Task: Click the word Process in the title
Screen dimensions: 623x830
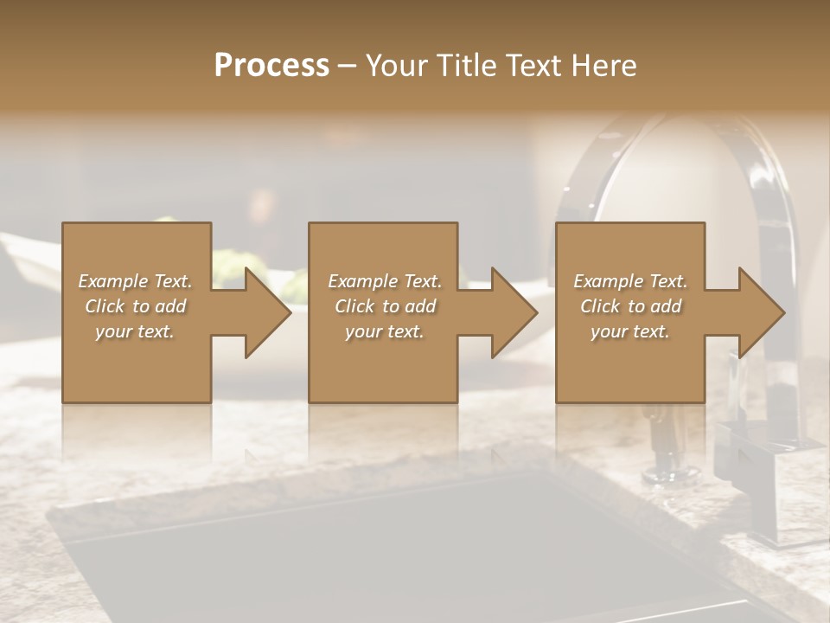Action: pos(271,65)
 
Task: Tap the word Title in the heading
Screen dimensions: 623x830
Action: pos(465,65)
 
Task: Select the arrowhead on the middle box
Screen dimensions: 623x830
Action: pos(513,312)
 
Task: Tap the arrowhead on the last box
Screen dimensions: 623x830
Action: pos(760,312)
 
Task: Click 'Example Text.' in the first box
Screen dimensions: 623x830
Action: pos(135,281)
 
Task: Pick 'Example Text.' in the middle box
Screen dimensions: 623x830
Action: pos(385,281)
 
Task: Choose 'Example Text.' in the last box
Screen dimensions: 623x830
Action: pos(630,281)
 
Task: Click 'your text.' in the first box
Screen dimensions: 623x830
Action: pos(135,331)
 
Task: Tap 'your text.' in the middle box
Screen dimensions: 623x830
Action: pos(385,331)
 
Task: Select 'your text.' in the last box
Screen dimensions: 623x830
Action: pos(630,331)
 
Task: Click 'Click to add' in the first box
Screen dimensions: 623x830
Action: pos(135,306)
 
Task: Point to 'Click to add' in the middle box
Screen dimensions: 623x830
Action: pos(385,306)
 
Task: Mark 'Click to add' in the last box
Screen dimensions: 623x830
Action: pos(630,306)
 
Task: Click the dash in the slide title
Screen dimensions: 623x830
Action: pos(347,66)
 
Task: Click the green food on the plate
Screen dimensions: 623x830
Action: pos(232,260)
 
